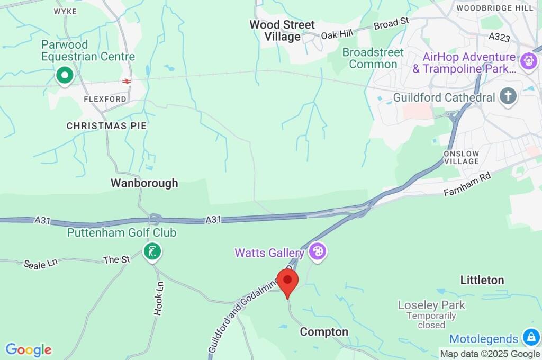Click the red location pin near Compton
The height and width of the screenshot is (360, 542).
288,281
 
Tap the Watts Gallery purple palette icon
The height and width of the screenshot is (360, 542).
318,253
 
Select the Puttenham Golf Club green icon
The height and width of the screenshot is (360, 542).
152,252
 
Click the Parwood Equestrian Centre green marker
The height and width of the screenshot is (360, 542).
65,76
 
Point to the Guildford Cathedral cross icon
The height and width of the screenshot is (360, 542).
508,97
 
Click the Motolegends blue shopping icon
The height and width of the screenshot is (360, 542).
530,337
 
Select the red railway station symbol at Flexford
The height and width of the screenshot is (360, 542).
127,81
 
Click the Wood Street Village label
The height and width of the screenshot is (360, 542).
282,31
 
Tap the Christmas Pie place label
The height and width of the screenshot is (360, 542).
106,126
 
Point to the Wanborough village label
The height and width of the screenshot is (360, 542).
144,183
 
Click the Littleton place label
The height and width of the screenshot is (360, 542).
482,280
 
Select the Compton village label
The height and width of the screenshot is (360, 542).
324,332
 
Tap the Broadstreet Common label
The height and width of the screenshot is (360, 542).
373,58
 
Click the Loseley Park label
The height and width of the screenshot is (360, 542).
431,305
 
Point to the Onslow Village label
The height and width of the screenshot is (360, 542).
462,158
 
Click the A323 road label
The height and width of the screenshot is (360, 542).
500,37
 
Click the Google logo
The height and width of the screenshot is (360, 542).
29,350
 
